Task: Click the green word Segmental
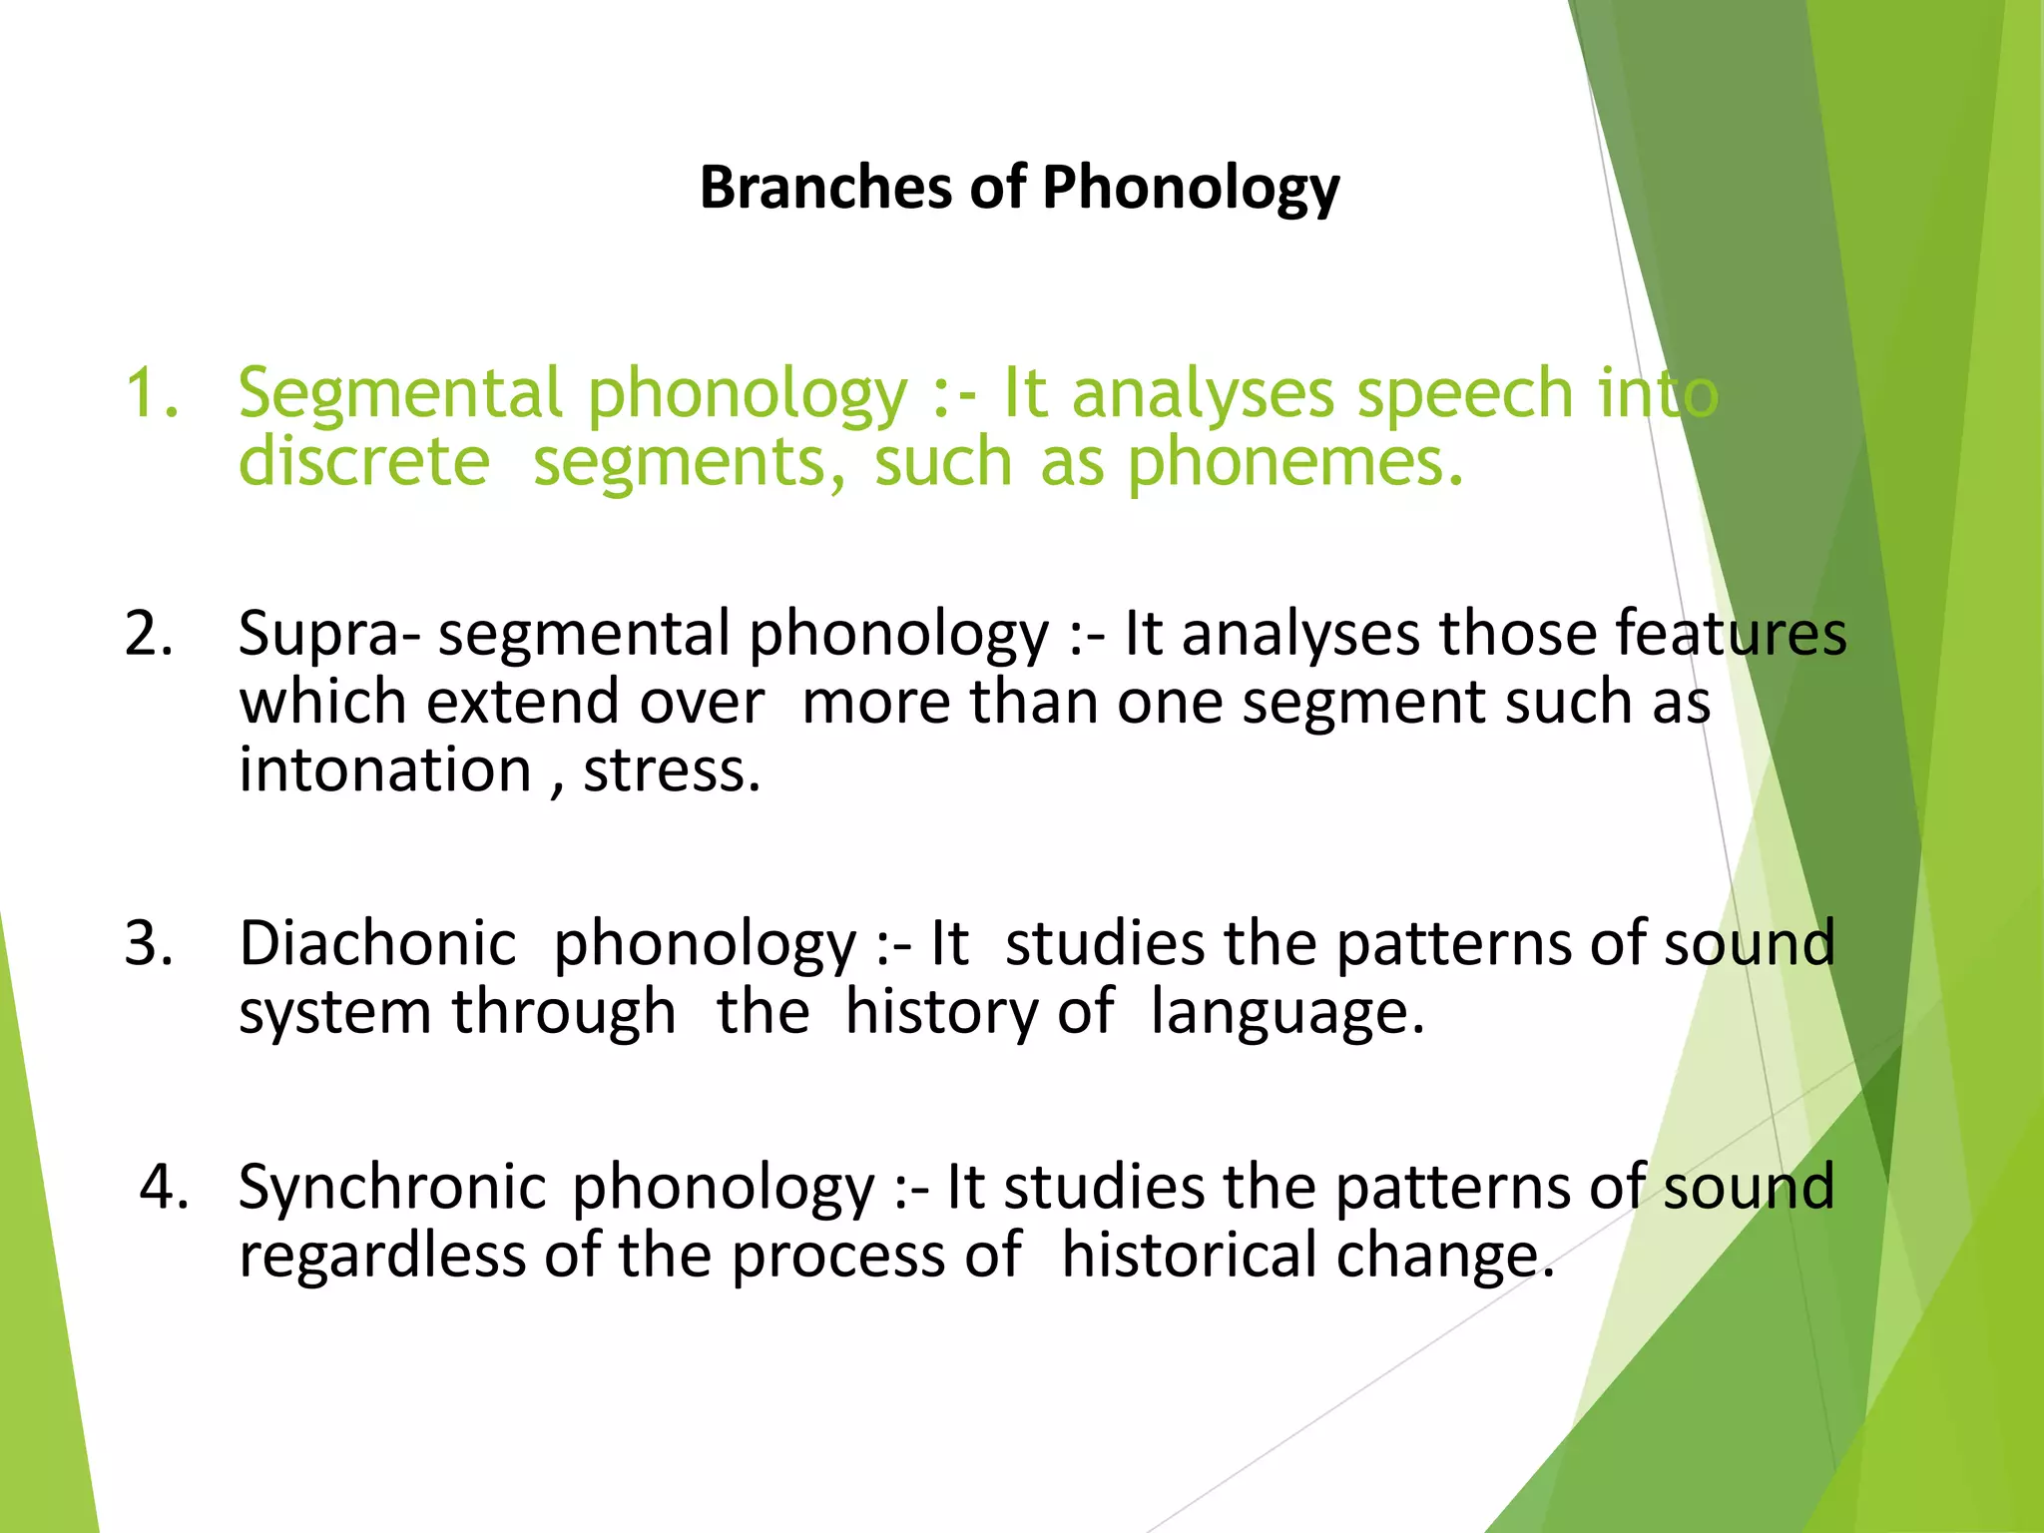[399, 392]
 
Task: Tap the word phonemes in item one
[1294, 462]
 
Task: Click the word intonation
[385, 770]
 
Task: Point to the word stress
[671, 770]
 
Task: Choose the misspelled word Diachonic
[377, 943]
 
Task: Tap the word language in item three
[1286, 1013]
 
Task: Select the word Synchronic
[391, 1188]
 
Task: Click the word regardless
[382, 1255]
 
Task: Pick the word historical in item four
[1188, 1255]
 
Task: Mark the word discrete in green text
[363, 462]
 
